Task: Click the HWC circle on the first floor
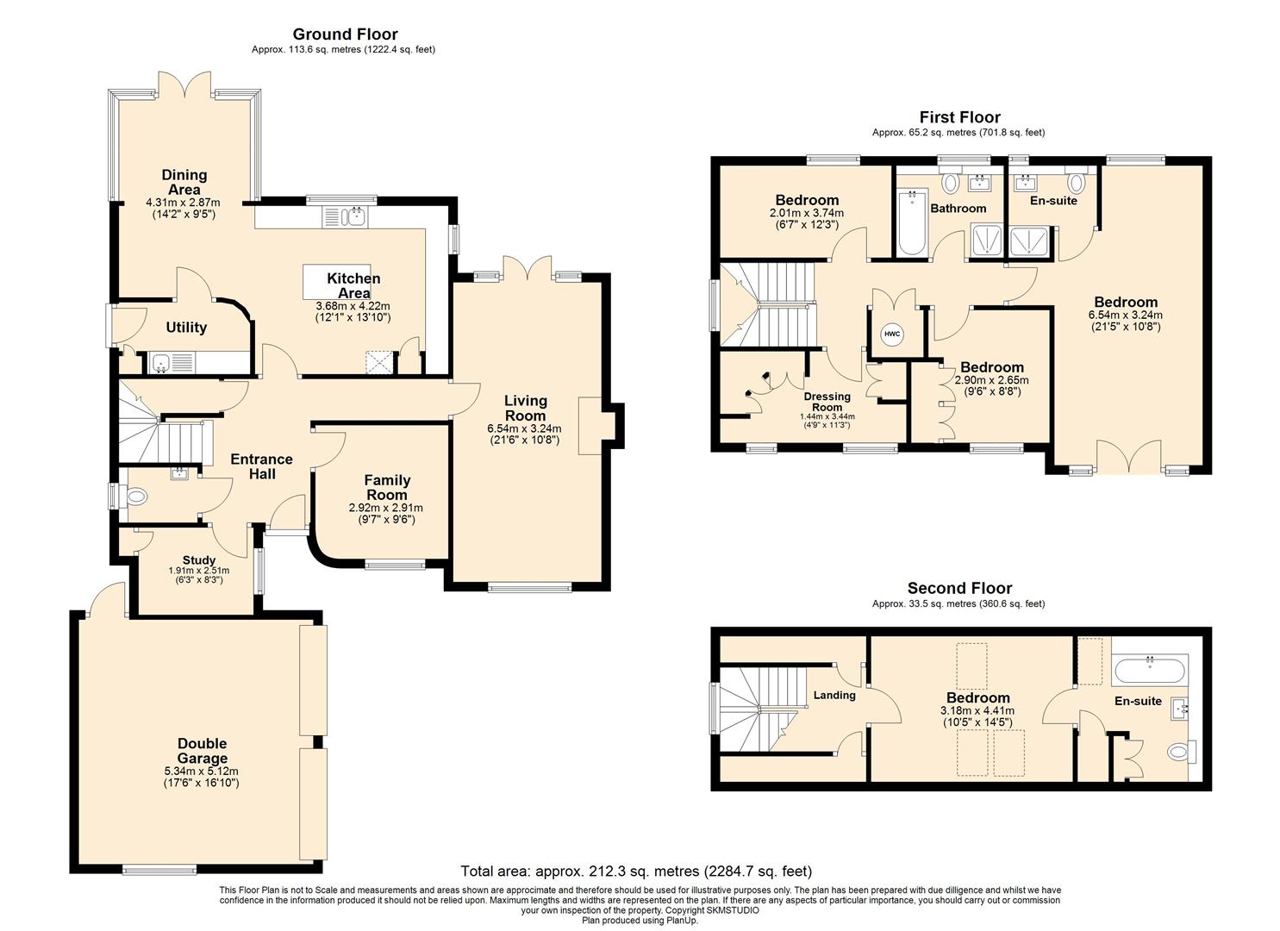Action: point(892,334)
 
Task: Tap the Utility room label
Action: point(186,328)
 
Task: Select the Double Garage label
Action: point(203,750)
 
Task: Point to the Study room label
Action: point(199,560)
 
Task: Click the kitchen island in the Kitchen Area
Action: point(336,282)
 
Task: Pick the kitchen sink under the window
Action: point(346,217)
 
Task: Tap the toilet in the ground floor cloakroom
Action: point(134,496)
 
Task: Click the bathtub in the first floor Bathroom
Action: point(911,223)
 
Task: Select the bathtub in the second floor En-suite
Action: point(1150,671)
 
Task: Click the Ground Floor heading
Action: point(345,34)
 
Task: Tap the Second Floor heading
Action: point(959,588)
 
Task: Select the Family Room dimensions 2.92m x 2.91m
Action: point(385,508)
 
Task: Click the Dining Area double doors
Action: point(184,84)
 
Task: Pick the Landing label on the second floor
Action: point(834,695)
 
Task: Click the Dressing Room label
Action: point(827,402)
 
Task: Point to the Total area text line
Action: point(636,871)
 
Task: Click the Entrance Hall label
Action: point(262,466)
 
